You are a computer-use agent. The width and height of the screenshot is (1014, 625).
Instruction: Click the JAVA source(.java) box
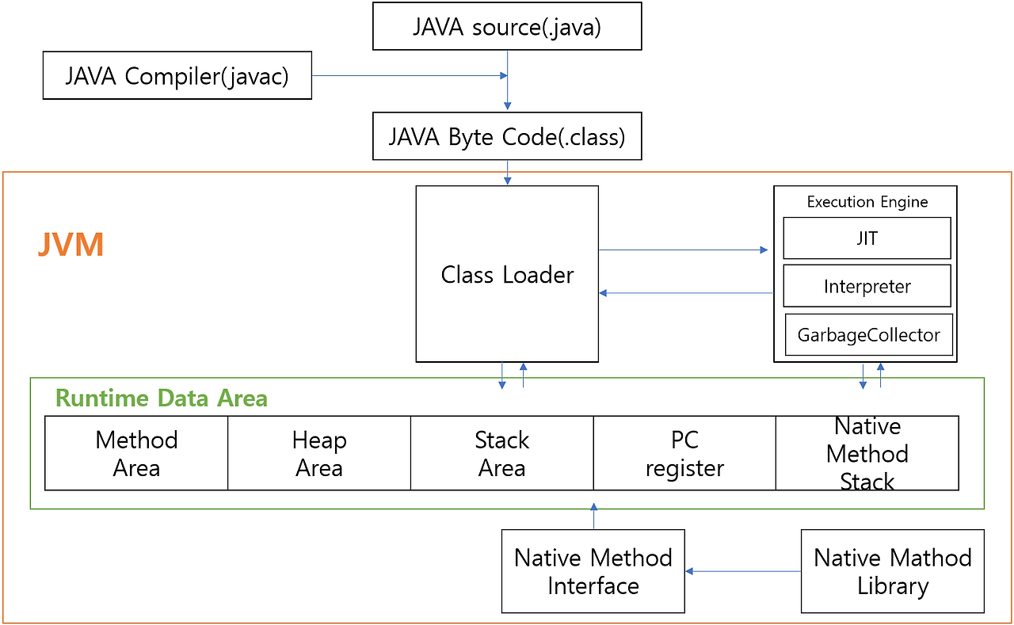point(507,27)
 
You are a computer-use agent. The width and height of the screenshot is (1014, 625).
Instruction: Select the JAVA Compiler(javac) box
point(177,76)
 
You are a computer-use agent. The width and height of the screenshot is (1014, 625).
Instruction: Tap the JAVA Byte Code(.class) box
point(507,136)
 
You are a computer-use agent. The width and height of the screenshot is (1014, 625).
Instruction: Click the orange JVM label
point(71,245)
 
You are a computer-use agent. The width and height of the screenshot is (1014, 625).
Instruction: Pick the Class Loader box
point(507,274)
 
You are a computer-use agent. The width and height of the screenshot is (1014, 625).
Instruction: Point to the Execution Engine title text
point(867,202)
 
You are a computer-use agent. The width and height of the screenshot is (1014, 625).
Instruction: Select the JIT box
point(867,238)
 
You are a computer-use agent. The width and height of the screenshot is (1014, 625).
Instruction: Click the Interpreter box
point(867,286)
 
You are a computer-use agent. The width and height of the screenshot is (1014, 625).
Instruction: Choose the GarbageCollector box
point(868,335)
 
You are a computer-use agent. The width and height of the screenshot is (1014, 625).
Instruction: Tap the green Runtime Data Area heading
point(162,398)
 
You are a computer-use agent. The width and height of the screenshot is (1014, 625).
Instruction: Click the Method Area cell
point(136,453)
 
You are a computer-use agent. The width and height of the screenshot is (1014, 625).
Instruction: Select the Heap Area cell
point(319,453)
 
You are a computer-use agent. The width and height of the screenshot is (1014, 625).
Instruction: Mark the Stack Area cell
point(501,453)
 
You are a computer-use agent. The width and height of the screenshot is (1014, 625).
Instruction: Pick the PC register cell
point(684,453)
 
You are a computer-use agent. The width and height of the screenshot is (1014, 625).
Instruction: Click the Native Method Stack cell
point(867,453)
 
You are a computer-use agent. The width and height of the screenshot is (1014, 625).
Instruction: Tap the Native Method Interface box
point(593,571)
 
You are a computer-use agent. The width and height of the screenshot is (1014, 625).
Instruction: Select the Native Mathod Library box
point(892,571)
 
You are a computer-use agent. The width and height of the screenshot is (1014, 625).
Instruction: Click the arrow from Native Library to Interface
point(743,571)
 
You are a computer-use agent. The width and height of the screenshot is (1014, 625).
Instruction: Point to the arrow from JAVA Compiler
point(409,76)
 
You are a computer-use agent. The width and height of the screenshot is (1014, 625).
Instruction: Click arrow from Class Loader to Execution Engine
point(683,250)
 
